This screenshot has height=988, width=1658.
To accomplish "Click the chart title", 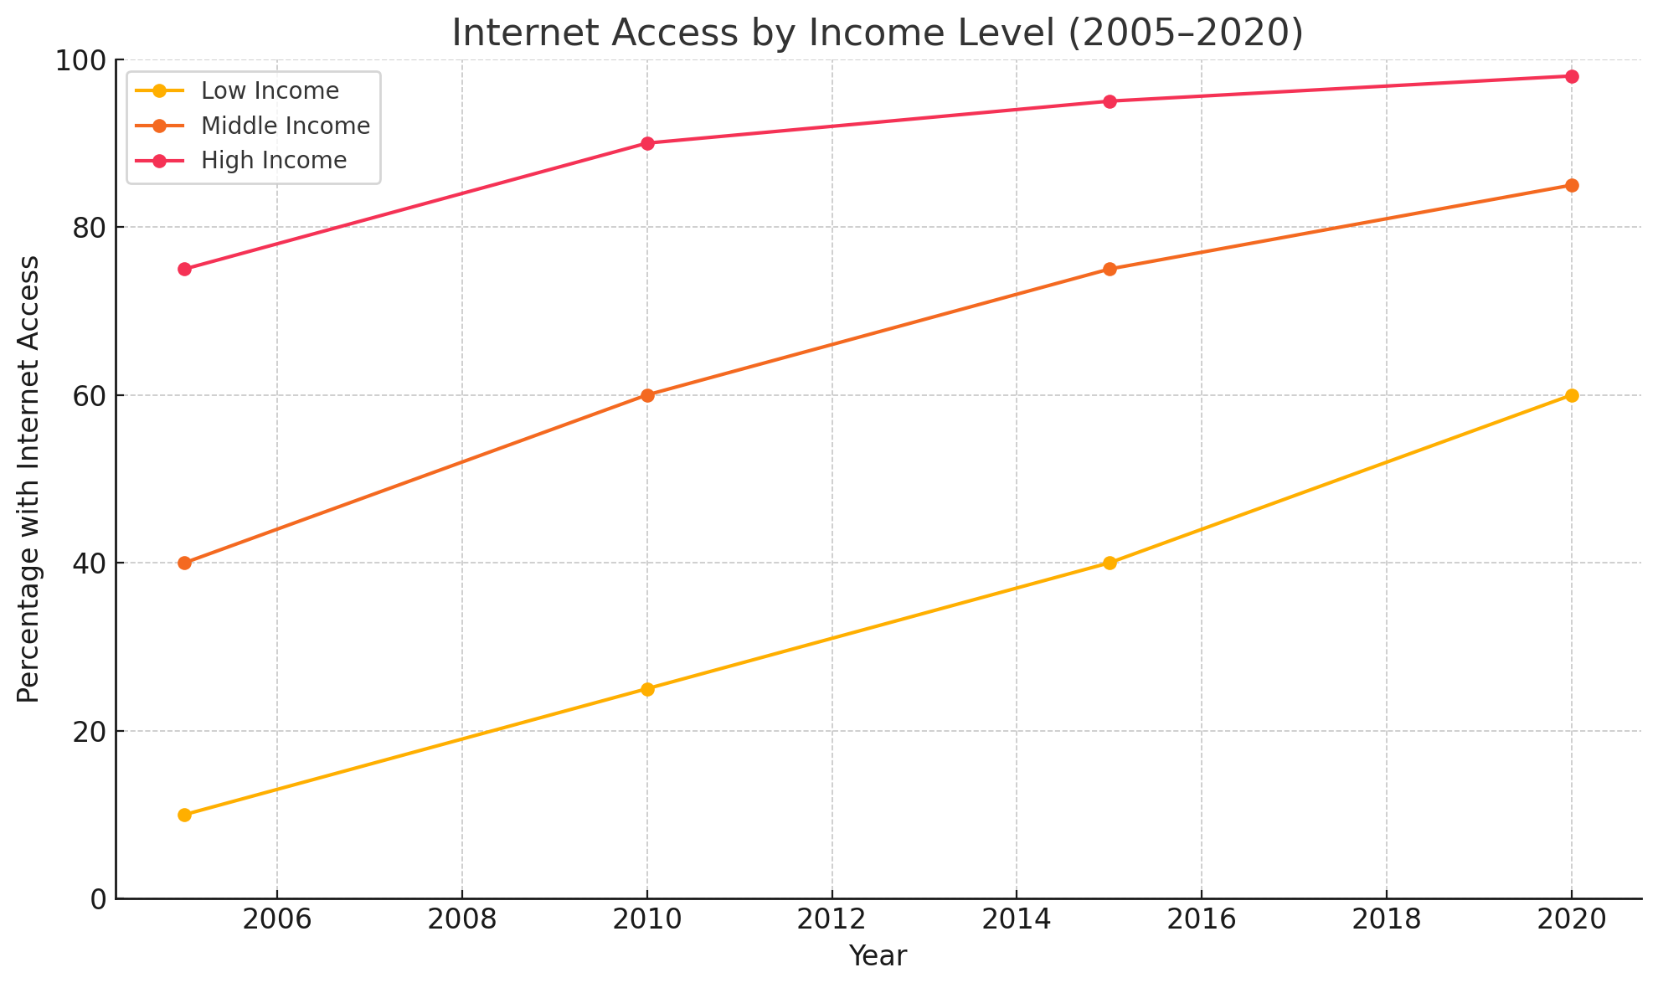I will click(x=878, y=33).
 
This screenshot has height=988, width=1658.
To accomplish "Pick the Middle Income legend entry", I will click(x=285, y=126).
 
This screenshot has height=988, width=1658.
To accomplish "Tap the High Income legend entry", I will click(x=273, y=160).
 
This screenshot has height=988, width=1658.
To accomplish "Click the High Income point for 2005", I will click(x=185, y=269).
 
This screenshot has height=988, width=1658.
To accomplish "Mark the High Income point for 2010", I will click(x=647, y=143).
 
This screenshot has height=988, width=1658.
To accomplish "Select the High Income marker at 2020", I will click(x=1572, y=76).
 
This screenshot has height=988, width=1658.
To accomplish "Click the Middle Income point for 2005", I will click(x=185, y=563).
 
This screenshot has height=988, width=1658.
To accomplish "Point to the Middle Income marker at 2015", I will click(x=1110, y=269).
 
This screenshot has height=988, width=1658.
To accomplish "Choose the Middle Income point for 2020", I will click(x=1572, y=185).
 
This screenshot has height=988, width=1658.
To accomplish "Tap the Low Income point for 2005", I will click(x=185, y=815).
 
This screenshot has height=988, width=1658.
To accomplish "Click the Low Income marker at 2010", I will click(x=647, y=689).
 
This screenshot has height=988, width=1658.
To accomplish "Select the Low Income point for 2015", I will click(x=1110, y=563).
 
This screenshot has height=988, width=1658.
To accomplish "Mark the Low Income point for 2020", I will click(x=1572, y=395).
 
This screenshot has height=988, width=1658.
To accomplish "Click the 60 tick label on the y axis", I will click(x=90, y=396).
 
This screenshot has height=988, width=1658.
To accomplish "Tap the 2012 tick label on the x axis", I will click(x=832, y=919).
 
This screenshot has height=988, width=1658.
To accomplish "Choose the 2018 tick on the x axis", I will click(x=1387, y=919).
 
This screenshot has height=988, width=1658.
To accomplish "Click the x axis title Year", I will click(x=878, y=956).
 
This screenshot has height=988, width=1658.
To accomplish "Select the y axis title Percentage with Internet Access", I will click(x=28, y=479).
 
